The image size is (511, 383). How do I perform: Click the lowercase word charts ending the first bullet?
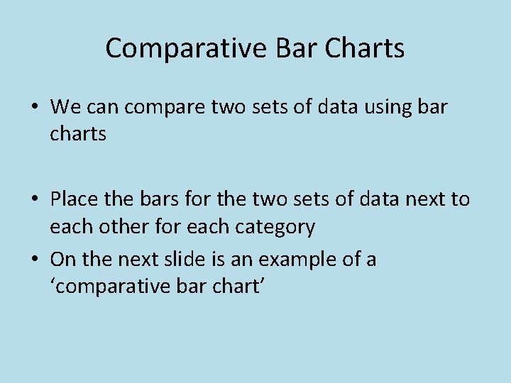(78, 133)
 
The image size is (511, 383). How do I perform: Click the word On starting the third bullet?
(63, 260)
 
